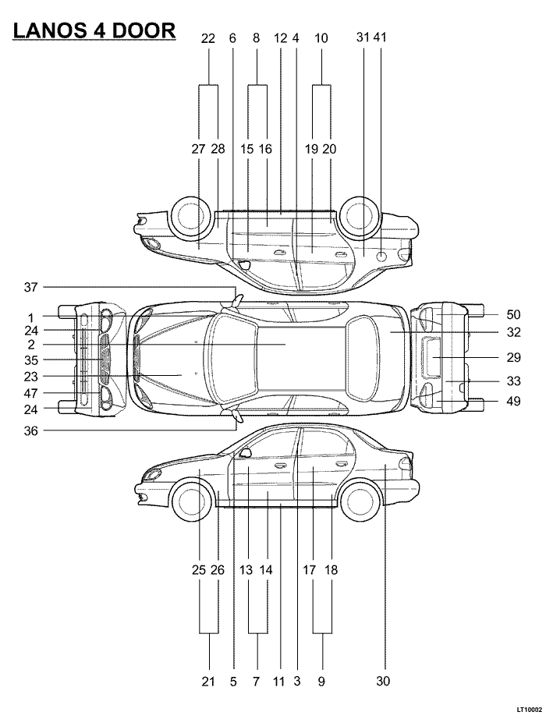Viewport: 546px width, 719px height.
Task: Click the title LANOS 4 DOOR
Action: click(x=94, y=30)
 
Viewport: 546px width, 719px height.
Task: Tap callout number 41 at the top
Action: click(x=380, y=37)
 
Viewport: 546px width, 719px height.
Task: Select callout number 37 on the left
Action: click(x=30, y=287)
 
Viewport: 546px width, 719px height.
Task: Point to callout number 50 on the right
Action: click(x=513, y=314)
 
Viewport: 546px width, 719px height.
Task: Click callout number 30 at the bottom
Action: click(x=383, y=681)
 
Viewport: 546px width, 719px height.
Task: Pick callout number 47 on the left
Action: click(x=30, y=393)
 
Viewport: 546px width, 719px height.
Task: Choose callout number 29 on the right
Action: click(x=513, y=357)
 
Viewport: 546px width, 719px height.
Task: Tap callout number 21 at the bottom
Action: click(x=207, y=682)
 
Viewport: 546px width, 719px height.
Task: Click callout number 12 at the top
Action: click(x=280, y=37)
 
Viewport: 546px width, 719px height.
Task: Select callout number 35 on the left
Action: click(x=30, y=360)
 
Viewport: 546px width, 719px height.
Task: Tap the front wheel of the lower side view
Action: click(x=191, y=501)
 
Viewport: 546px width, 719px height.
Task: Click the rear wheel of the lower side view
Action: click(x=362, y=501)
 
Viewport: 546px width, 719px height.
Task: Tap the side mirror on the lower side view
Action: click(x=245, y=452)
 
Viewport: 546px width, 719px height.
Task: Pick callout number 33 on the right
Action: click(x=513, y=381)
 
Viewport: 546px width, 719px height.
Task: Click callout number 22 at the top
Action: click(x=207, y=37)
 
